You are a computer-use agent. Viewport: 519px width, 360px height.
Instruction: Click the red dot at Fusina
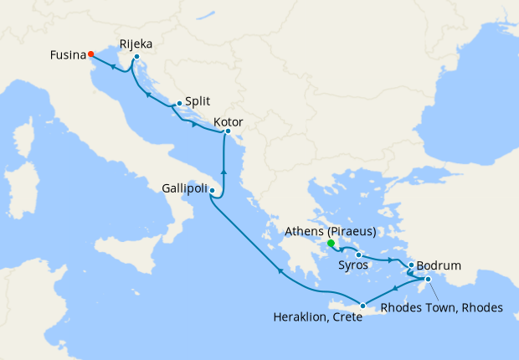click(x=90, y=55)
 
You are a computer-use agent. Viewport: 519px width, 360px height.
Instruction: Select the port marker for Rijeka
click(x=136, y=57)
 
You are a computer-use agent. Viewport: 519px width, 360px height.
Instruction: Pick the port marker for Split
click(x=179, y=104)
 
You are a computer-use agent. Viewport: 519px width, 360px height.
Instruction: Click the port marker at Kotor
click(x=228, y=131)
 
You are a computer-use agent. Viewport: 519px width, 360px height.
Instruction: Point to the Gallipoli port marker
click(x=213, y=191)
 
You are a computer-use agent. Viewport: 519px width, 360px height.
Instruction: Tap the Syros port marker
click(x=358, y=255)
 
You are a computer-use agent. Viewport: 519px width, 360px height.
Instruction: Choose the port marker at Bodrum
click(x=411, y=265)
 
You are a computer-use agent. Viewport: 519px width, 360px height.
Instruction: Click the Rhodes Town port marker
click(x=428, y=280)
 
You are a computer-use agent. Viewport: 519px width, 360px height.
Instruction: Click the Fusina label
click(x=67, y=55)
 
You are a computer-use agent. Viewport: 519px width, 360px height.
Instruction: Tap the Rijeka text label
click(x=136, y=43)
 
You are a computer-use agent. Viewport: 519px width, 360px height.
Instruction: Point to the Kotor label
click(x=229, y=122)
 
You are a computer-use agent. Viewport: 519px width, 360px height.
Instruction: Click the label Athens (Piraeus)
click(x=329, y=231)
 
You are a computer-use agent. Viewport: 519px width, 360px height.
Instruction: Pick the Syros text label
click(x=355, y=265)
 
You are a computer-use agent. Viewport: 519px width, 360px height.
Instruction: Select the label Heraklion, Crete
click(x=321, y=317)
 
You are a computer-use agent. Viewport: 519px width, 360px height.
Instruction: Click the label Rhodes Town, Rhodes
click(x=441, y=307)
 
